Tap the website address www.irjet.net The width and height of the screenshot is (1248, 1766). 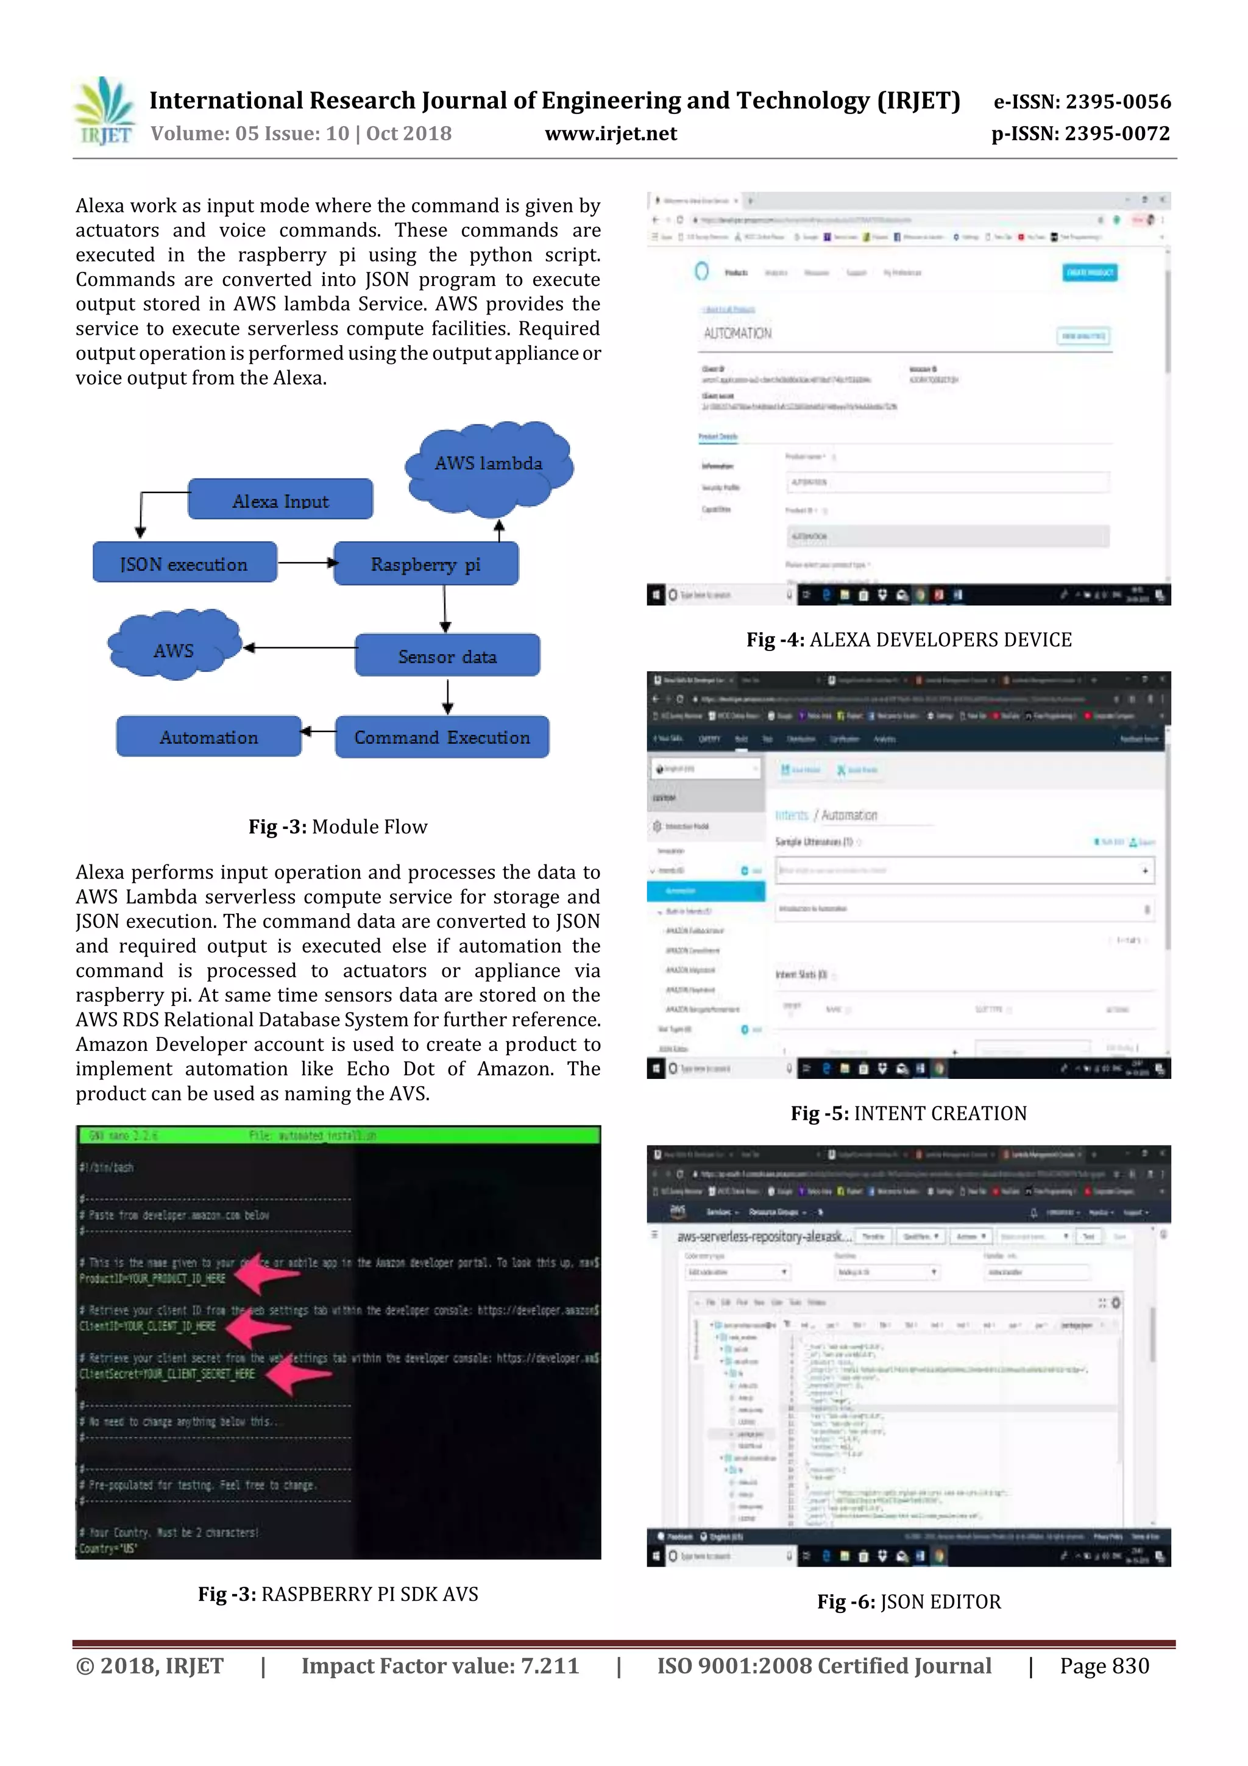click(x=611, y=134)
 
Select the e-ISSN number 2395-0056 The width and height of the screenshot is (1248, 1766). click(x=1082, y=102)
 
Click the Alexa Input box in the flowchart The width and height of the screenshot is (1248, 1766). click(x=281, y=500)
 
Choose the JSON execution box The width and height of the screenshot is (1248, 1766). click(x=185, y=564)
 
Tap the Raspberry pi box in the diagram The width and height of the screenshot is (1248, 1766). click(x=426, y=564)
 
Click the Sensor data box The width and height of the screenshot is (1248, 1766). click(x=447, y=656)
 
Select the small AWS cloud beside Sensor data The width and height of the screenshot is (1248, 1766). click(x=174, y=647)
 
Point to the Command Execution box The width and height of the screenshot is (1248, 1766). click(x=442, y=737)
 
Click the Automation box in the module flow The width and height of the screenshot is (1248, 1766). click(x=209, y=737)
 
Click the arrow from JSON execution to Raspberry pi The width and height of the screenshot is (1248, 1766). click(x=306, y=563)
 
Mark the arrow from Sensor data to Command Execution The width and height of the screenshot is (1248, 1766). click(x=447, y=697)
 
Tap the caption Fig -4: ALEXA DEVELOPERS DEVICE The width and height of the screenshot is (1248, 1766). click(x=909, y=640)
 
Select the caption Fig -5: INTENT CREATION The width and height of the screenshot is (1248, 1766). click(x=909, y=1113)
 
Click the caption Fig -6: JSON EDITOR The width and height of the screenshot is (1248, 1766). click(x=909, y=1601)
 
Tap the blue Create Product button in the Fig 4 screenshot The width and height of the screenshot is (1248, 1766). click(x=1090, y=272)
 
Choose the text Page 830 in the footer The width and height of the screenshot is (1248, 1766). click(x=1104, y=1666)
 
